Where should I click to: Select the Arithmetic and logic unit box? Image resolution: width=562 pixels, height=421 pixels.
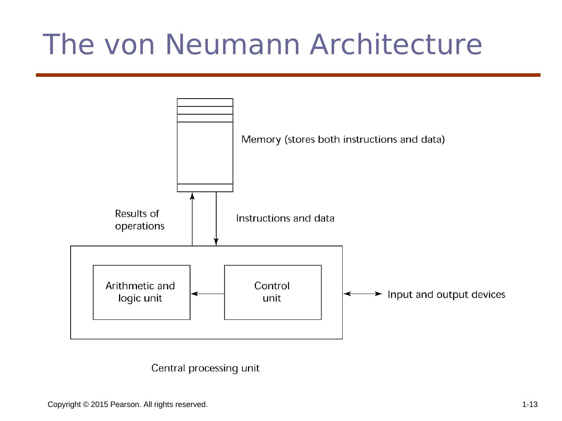[x=141, y=292]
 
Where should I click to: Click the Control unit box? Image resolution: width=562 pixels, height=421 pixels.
[x=272, y=292]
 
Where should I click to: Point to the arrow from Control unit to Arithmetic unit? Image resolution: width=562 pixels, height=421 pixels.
[x=207, y=294]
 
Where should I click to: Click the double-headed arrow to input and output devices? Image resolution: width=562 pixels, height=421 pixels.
[x=363, y=294]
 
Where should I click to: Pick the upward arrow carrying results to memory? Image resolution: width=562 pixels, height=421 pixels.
[x=192, y=219]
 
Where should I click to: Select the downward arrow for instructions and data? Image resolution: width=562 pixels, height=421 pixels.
[x=216, y=219]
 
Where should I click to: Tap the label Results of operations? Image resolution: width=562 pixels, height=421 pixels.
[x=139, y=220]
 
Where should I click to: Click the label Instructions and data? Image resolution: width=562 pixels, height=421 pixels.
[x=285, y=218]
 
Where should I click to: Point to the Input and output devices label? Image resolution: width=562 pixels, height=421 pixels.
[x=446, y=294]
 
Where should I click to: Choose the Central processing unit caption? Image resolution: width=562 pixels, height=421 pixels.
[x=205, y=368]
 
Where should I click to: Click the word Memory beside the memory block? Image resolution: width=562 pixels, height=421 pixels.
[x=261, y=140]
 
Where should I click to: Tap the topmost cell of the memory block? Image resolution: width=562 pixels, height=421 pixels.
[x=205, y=103]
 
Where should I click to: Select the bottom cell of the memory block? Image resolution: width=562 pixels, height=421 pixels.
[x=205, y=188]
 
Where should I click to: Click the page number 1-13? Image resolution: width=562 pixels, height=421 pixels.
[x=530, y=405]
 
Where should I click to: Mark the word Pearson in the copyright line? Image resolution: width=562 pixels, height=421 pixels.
[x=125, y=405]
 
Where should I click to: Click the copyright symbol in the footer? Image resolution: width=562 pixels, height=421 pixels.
[x=86, y=405]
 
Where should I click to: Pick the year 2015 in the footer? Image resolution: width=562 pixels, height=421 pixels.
[x=99, y=405]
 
